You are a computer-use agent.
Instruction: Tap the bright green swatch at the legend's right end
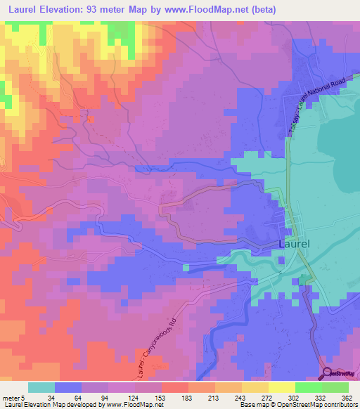pyautogui.click(x=336, y=387)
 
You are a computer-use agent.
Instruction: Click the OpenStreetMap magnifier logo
pyautogui.click(x=329, y=375)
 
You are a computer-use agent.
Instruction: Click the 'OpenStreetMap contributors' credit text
pyautogui.click(x=317, y=404)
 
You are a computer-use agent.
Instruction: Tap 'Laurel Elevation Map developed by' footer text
pyautogui.click(x=52, y=404)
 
